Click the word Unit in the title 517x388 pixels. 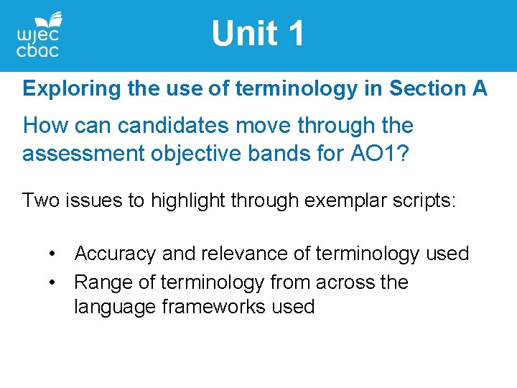(x=242, y=34)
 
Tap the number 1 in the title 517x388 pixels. (x=294, y=34)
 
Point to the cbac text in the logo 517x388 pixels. (x=37, y=50)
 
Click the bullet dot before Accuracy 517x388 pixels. (x=53, y=254)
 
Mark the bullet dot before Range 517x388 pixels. (x=53, y=282)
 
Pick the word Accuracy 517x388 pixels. (x=115, y=254)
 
